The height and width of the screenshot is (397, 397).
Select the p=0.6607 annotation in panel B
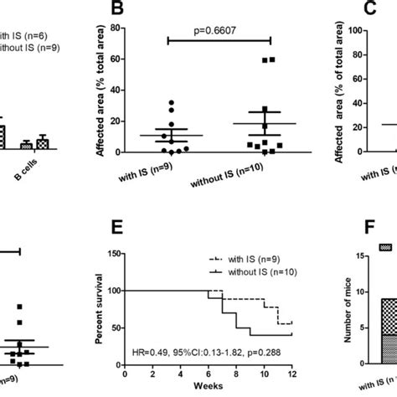pos(219,29)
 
